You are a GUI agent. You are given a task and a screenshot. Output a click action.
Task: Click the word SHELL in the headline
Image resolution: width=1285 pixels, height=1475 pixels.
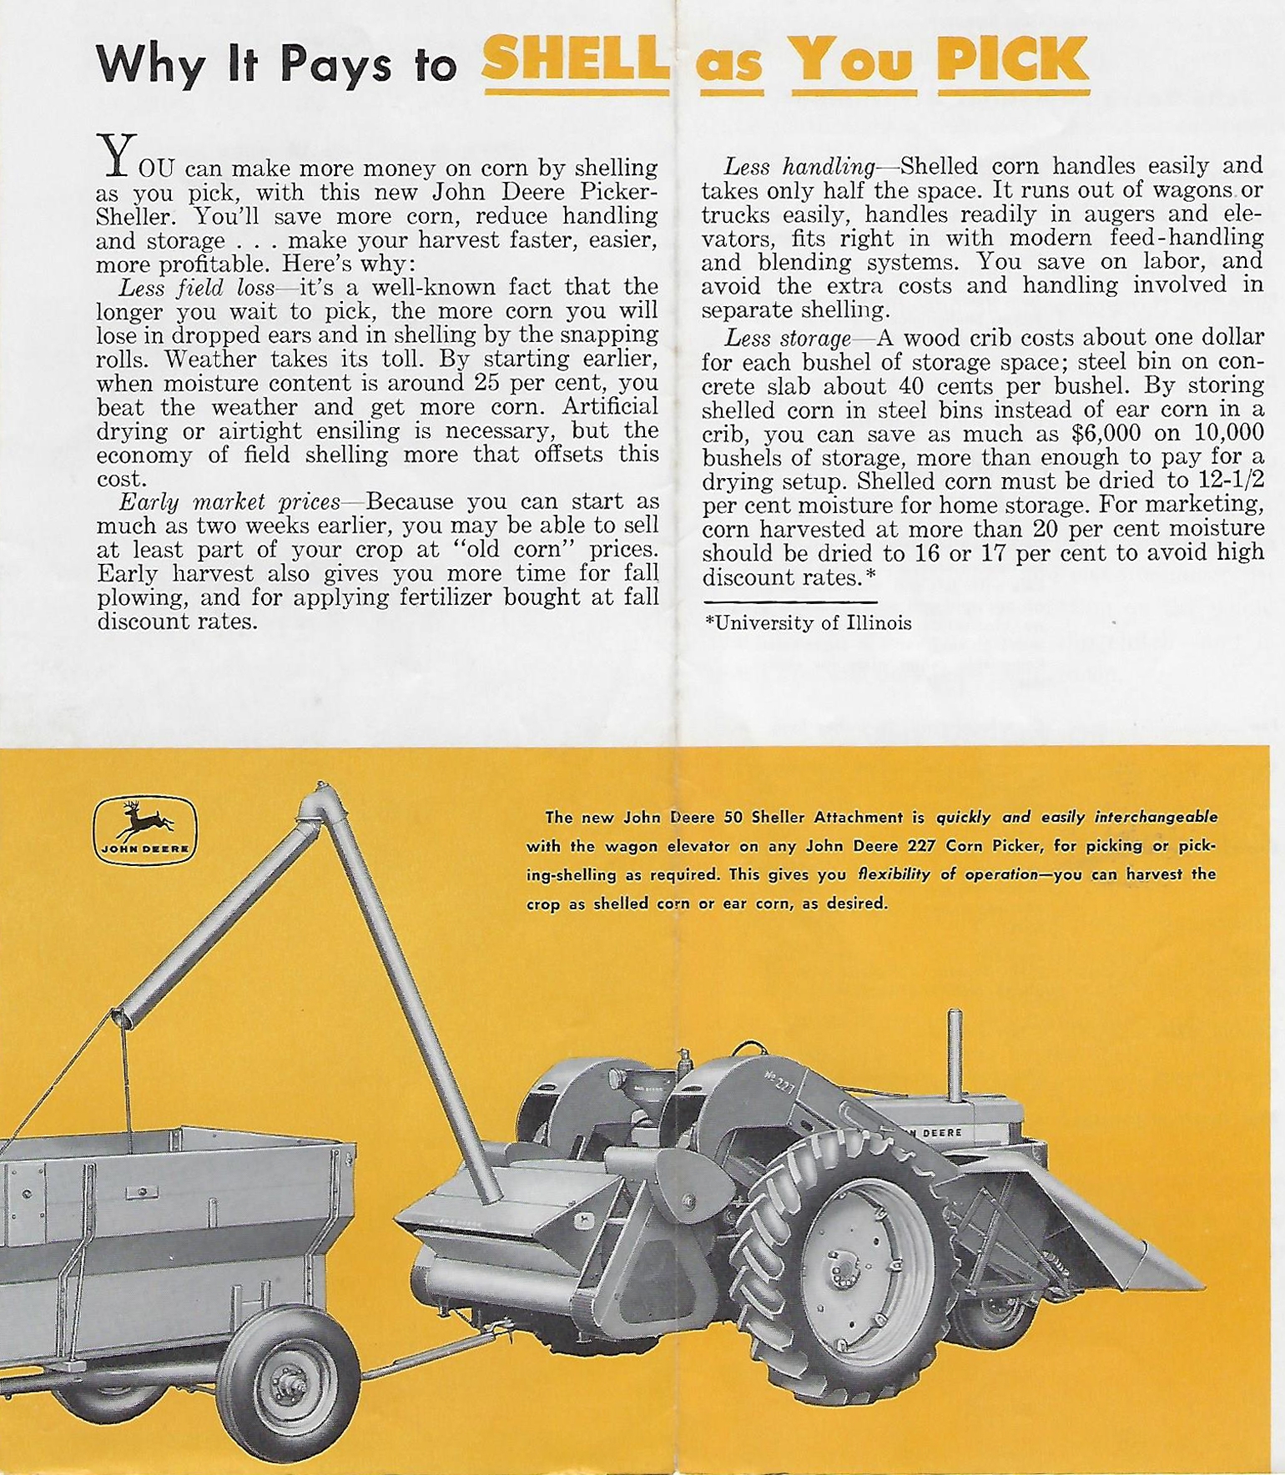point(575,59)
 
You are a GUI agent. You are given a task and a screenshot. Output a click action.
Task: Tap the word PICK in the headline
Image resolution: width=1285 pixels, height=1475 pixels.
point(1012,59)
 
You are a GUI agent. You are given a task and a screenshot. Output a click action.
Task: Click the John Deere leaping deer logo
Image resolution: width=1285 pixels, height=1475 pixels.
point(145,829)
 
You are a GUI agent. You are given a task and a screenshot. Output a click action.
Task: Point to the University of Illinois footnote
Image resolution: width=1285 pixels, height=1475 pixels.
point(809,623)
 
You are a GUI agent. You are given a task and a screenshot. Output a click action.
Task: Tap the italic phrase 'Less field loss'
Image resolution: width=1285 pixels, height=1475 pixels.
point(196,288)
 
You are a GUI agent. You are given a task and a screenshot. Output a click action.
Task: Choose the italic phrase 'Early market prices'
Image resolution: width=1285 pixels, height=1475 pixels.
point(229,502)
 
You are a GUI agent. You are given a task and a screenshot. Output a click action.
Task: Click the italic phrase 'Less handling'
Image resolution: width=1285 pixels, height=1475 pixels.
point(799,167)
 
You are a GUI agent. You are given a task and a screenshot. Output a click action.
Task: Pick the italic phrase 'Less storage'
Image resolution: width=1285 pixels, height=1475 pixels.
point(788,338)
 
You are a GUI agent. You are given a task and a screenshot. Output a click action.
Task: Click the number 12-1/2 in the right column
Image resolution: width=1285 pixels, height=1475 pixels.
point(1228,481)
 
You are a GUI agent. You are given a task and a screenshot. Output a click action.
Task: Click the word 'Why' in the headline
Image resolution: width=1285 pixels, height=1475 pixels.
point(151,63)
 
